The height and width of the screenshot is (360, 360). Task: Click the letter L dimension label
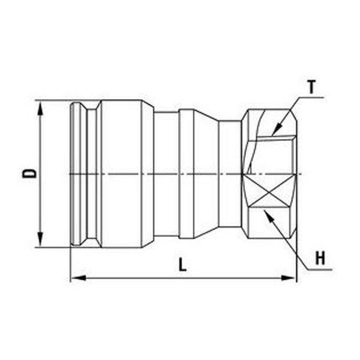tap(182, 265)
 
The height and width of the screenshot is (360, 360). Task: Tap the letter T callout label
tap(311, 87)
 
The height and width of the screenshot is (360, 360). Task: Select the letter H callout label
tap(320, 258)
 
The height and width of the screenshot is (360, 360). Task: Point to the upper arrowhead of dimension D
tap(40, 108)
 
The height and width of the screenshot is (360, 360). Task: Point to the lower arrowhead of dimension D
tap(40, 239)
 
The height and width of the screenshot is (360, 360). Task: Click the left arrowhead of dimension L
tap(78, 278)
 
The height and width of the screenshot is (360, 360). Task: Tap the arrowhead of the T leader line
tap(277, 129)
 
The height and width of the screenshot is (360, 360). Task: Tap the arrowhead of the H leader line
tap(269, 215)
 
